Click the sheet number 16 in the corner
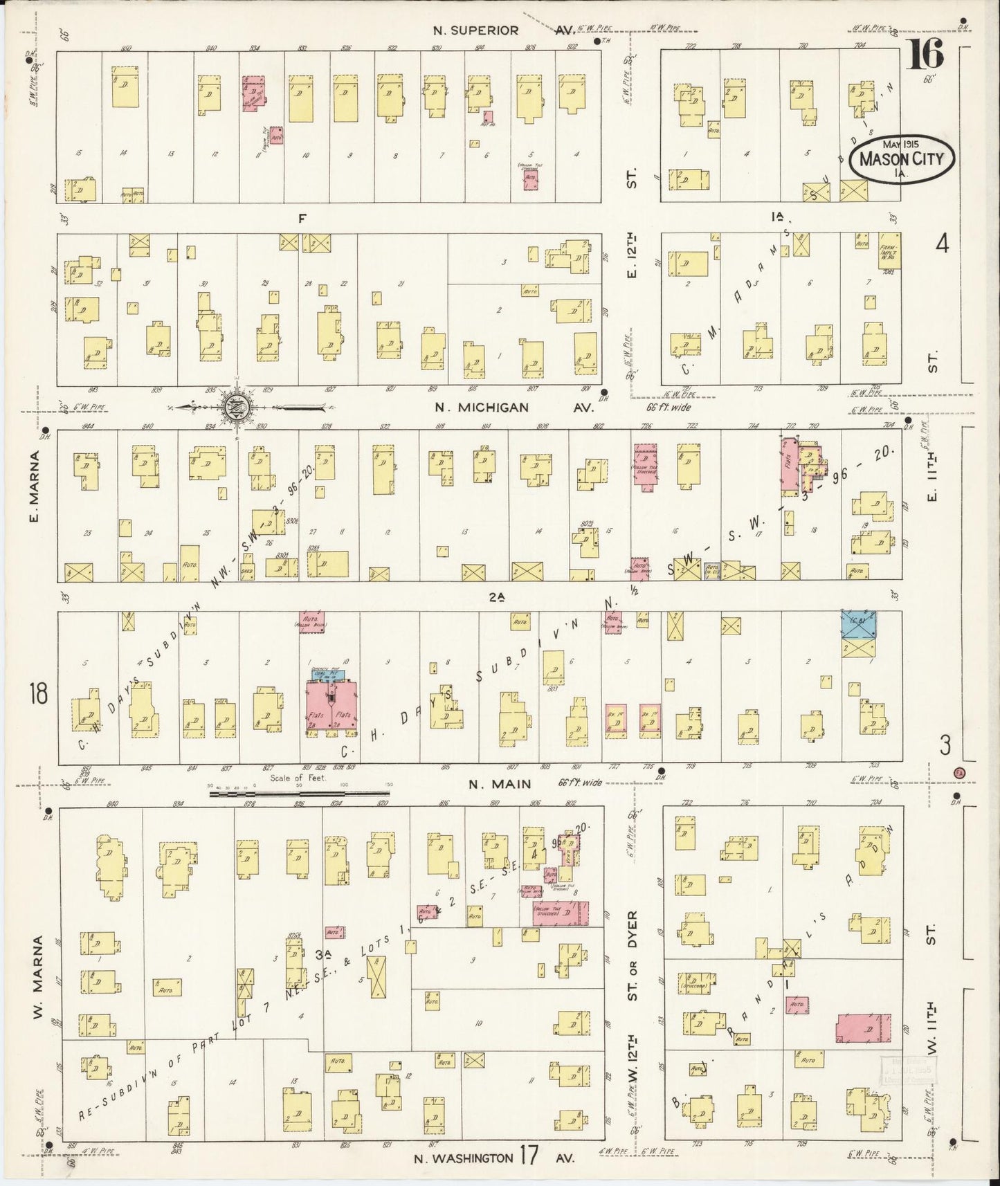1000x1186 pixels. tap(925, 54)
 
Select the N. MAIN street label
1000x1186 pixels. tap(500, 784)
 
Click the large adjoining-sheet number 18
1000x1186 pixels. tap(38, 693)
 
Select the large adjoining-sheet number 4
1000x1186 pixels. tap(941, 244)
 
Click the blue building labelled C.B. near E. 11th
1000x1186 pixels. tap(859, 624)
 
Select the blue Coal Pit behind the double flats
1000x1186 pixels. tap(328, 674)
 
